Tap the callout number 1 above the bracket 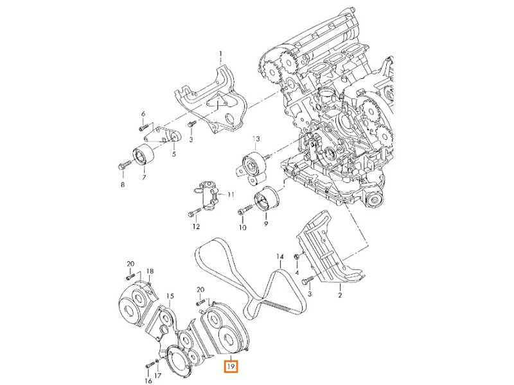click(219, 53)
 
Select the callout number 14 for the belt click(280, 257)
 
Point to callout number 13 click(256, 139)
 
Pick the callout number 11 click(231, 194)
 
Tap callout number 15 click(170, 296)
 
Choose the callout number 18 click(150, 271)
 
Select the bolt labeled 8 click(123, 166)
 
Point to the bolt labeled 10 click(242, 209)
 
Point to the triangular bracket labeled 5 click(159, 135)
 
